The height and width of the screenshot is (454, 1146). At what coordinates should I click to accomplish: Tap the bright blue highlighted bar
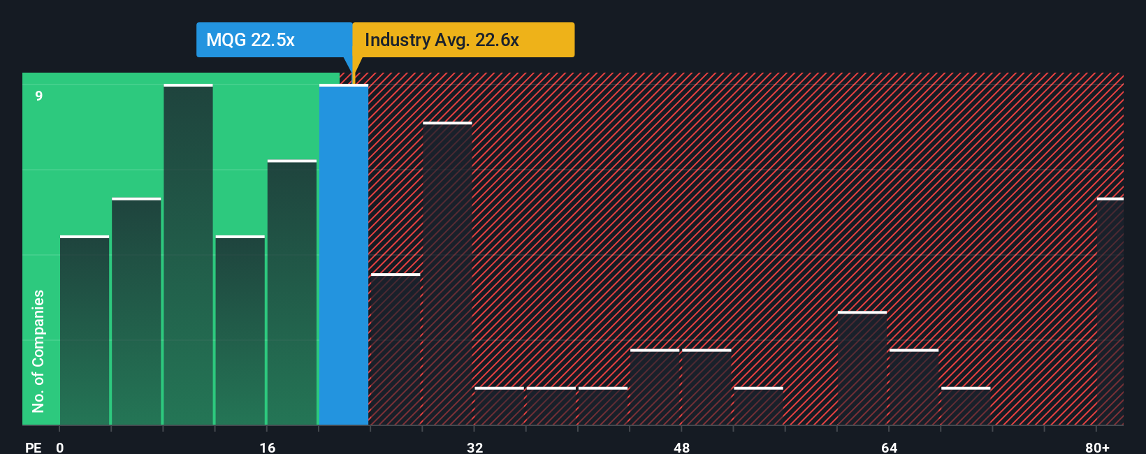pyautogui.click(x=344, y=255)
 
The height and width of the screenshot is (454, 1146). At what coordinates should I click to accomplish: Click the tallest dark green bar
pyautogui.click(x=188, y=255)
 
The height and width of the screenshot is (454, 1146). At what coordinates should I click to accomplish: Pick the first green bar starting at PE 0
pyautogui.click(x=85, y=330)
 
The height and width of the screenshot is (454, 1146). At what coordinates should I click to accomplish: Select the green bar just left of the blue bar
pyautogui.click(x=292, y=293)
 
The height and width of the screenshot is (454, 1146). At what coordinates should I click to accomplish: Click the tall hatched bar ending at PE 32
pyautogui.click(x=447, y=274)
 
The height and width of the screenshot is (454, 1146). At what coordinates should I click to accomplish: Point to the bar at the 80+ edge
pyautogui.click(x=1110, y=312)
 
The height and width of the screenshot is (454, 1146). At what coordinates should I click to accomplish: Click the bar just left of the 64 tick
pyautogui.click(x=862, y=368)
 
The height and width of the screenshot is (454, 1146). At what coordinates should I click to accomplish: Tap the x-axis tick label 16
pyautogui.click(x=268, y=447)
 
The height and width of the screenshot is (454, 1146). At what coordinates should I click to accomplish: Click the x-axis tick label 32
pyautogui.click(x=474, y=447)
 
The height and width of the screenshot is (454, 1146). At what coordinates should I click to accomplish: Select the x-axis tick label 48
pyautogui.click(x=682, y=447)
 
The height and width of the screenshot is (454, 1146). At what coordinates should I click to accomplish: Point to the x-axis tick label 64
pyautogui.click(x=889, y=447)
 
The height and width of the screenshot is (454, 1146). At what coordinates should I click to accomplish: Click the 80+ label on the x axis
pyautogui.click(x=1097, y=447)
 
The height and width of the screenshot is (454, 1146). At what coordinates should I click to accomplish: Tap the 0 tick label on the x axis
pyautogui.click(x=60, y=447)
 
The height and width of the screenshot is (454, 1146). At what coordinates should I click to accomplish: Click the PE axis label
pyautogui.click(x=33, y=447)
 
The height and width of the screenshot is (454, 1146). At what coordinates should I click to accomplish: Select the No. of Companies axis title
pyautogui.click(x=38, y=351)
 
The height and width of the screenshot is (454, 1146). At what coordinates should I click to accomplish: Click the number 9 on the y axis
pyautogui.click(x=39, y=96)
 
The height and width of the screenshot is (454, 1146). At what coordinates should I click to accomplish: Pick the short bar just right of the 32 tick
pyautogui.click(x=499, y=406)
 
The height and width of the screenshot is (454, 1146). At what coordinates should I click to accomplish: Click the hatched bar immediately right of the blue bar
pyautogui.click(x=396, y=349)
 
